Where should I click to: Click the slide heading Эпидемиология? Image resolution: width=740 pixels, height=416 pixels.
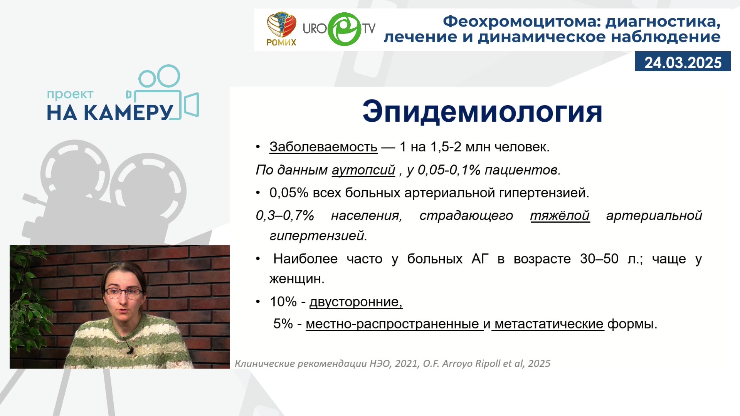[482, 112]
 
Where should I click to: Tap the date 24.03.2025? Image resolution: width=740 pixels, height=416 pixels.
[683, 62]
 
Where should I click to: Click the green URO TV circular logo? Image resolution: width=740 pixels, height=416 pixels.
[344, 29]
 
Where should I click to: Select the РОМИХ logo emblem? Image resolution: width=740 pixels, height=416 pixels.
[281, 25]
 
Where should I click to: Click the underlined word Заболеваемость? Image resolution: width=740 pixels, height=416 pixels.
[323, 147]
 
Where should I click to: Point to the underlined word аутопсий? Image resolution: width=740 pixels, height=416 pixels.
[363, 170]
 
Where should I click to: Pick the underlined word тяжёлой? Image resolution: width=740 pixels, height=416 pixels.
[560, 215]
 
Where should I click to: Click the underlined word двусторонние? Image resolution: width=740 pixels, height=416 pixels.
[356, 302]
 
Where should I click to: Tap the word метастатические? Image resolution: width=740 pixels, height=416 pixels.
[549, 324]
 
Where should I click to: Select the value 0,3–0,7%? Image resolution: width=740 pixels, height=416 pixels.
[285, 215]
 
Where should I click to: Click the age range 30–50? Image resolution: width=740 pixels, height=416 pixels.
[599, 258]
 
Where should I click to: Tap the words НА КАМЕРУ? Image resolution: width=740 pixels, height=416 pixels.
[110, 113]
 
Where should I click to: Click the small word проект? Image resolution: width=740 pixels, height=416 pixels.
[70, 94]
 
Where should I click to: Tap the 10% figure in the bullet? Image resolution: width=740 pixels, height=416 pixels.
[283, 302]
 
